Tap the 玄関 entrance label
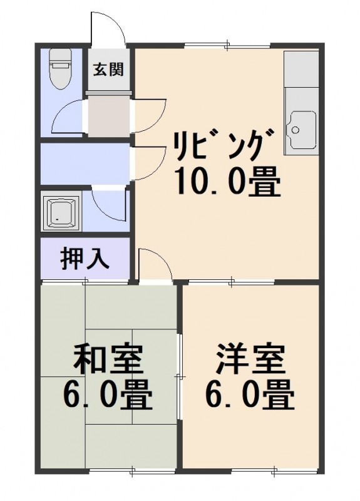tap(108, 69)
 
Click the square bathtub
tap(62, 211)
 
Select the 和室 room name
tap(108, 359)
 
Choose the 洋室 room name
tap(250, 359)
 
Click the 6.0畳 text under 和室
tap(107, 395)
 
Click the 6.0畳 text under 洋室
tap(249, 395)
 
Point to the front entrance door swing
tap(108, 27)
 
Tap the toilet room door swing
tap(69, 116)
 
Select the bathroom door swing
tap(109, 205)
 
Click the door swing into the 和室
tap(155, 264)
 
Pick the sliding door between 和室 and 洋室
tap(180, 376)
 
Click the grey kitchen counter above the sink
tap(301, 69)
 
